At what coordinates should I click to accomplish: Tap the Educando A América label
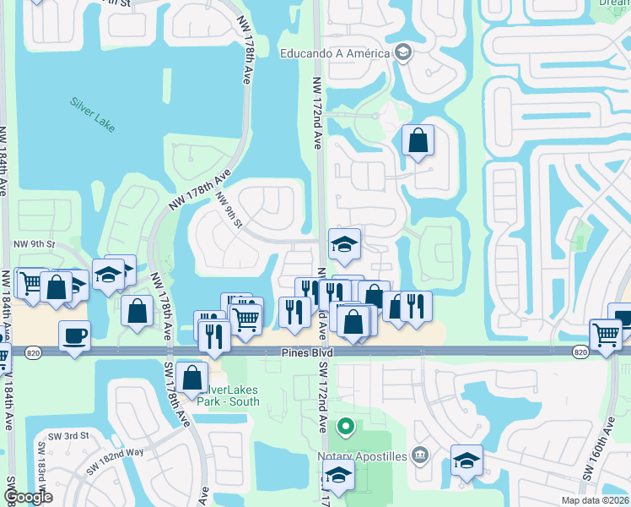tap(336, 53)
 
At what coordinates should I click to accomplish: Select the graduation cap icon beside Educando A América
tap(402, 52)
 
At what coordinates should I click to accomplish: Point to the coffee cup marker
tap(74, 336)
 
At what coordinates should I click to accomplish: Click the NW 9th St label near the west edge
tap(34, 244)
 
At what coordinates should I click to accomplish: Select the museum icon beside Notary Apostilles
tap(421, 457)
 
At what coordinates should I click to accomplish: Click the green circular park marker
tap(344, 425)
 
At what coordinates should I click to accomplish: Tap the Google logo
tap(27, 497)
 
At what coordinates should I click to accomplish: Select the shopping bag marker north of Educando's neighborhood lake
tap(418, 141)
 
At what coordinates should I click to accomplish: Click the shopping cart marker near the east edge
tap(606, 335)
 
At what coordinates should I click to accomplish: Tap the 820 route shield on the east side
tap(580, 351)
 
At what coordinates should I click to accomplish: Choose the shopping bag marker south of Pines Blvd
tap(192, 378)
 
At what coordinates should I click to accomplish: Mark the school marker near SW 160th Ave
tap(467, 461)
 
